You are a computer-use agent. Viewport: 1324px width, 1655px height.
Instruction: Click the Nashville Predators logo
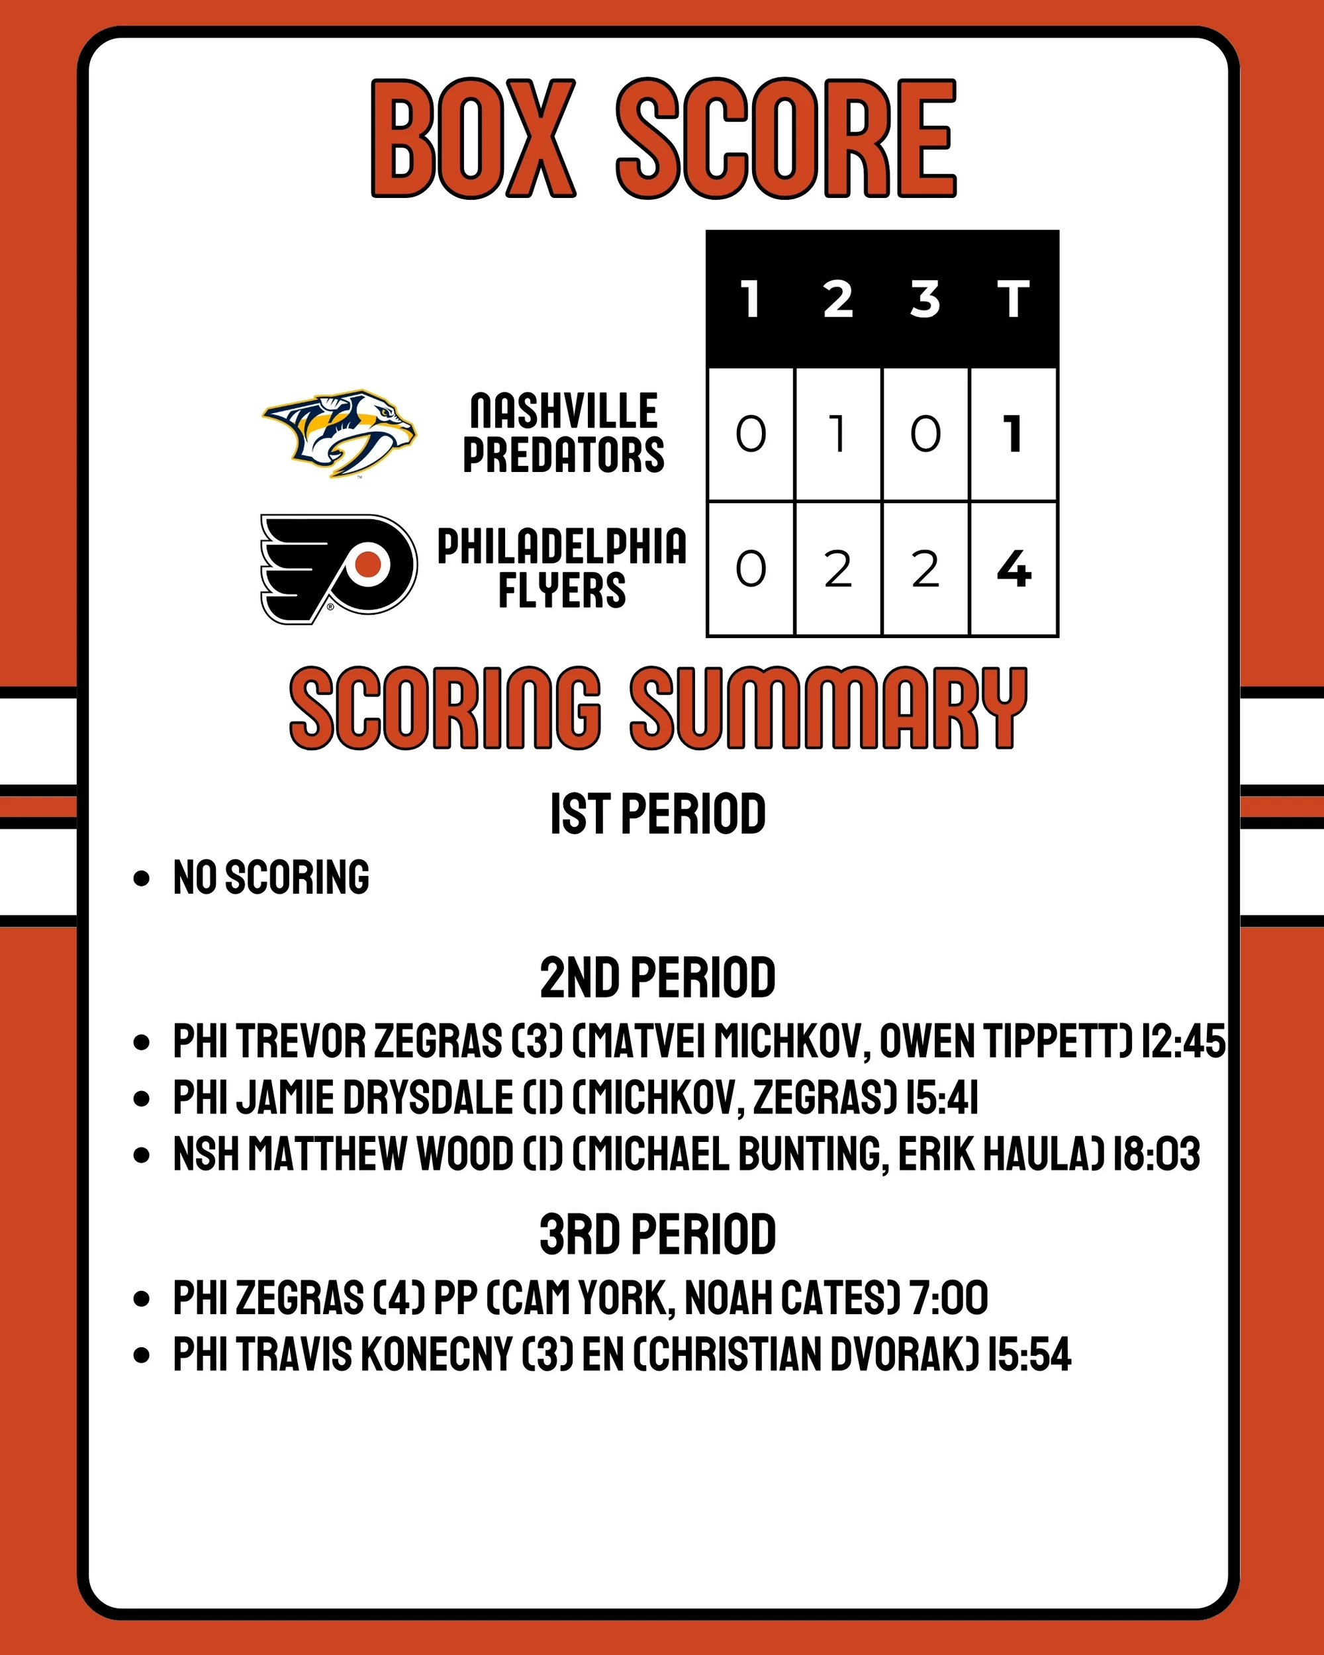point(339,434)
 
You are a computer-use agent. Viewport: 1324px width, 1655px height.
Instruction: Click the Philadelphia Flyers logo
point(339,568)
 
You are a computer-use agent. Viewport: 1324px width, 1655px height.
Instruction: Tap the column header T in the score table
point(1013,299)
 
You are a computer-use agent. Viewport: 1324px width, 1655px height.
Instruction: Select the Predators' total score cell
point(1013,434)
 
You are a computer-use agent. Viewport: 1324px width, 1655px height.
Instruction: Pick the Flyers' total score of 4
point(1013,569)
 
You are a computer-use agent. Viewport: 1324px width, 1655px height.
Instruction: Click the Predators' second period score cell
point(838,434)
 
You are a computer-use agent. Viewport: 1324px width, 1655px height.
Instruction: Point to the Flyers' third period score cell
point(925,569)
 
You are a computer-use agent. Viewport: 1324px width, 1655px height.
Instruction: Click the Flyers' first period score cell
point(751,569)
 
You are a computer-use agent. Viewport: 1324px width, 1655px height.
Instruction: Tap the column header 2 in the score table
point(838,299)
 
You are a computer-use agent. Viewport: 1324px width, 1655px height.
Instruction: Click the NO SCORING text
point(271,877)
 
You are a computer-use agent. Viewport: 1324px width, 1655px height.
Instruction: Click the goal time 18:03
point(1157,1154)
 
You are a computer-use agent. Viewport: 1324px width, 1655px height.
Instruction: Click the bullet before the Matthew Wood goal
point(141,1155)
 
